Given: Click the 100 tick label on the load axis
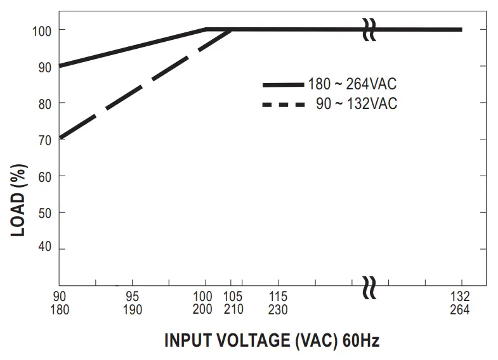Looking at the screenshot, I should (41, 30).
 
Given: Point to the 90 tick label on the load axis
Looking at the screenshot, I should (43, 66).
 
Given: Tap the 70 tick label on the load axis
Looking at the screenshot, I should (43, 139).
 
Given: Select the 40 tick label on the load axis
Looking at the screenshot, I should (43, 248).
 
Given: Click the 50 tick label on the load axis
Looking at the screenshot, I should (43, 212).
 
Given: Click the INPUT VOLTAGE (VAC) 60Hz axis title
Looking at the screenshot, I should (272, 340).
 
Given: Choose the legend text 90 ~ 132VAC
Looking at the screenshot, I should (357, 104).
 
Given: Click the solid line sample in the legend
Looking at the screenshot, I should (284, 84).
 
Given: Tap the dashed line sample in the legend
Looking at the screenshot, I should (284, 104).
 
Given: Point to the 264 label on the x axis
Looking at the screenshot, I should (460, 310).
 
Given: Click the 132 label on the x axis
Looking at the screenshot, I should (460, 297).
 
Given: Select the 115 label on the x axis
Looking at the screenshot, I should (278, 297).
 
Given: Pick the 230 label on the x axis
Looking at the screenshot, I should (278, 310).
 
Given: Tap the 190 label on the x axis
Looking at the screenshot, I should (132, 310).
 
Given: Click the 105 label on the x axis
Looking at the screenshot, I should (234, 297).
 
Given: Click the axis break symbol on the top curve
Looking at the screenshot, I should (369, 30).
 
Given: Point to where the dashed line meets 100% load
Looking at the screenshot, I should (232, 29).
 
